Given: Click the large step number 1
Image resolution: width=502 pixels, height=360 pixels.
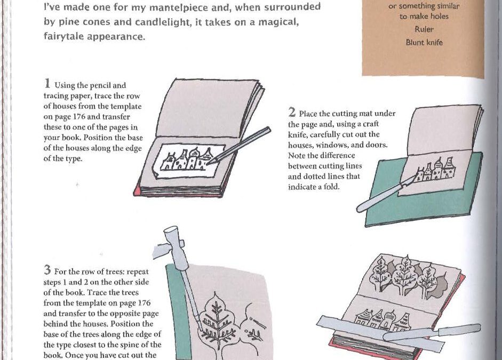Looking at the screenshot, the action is coord(47,84).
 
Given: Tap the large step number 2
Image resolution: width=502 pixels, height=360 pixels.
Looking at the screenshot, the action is coord(292,113).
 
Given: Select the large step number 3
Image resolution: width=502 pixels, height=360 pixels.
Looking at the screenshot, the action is coord(47,270).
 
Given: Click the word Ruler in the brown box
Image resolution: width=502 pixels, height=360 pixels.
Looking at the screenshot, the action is coord(424,29).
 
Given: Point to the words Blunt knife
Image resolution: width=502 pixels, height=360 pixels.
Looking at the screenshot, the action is coord(424,42).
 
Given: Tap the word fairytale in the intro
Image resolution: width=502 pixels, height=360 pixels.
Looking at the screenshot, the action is coord(63,36).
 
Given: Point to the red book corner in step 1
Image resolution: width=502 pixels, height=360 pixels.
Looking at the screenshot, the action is coord(137,191).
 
